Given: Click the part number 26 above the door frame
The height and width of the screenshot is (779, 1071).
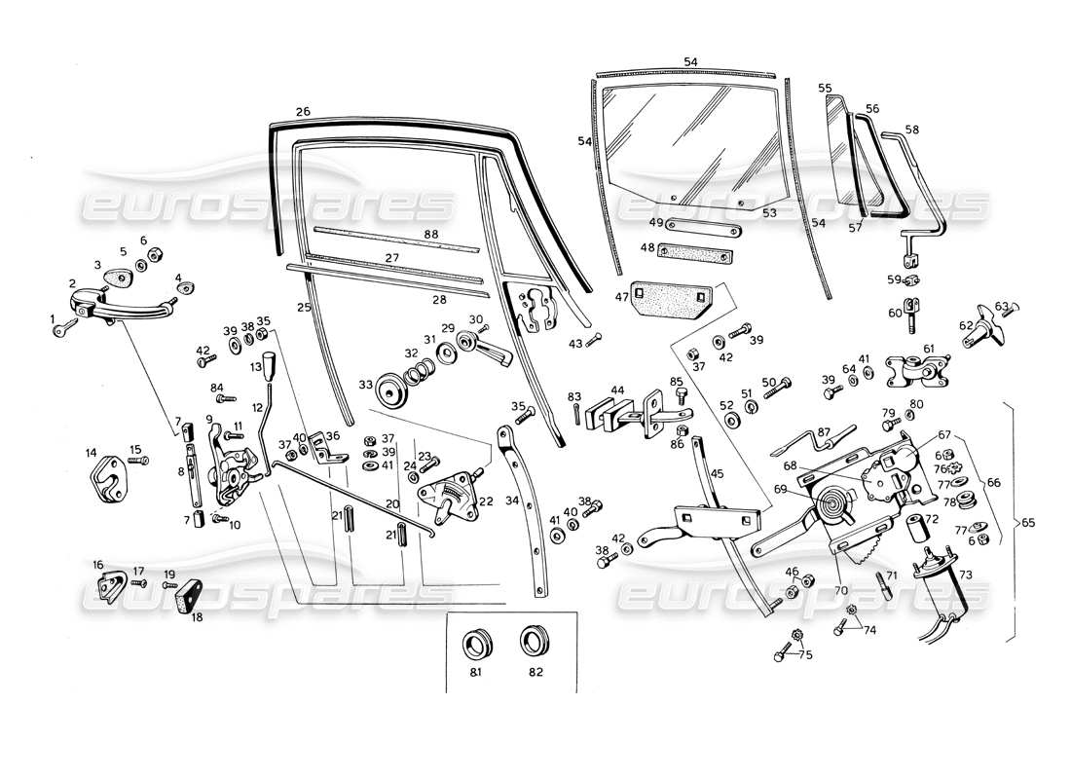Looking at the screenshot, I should (303, 112).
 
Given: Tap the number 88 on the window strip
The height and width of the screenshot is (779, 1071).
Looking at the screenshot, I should (430, 236).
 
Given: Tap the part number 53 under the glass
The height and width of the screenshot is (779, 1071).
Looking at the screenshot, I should (769, 212).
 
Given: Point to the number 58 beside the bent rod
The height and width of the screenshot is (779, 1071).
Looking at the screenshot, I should (911, 130).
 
